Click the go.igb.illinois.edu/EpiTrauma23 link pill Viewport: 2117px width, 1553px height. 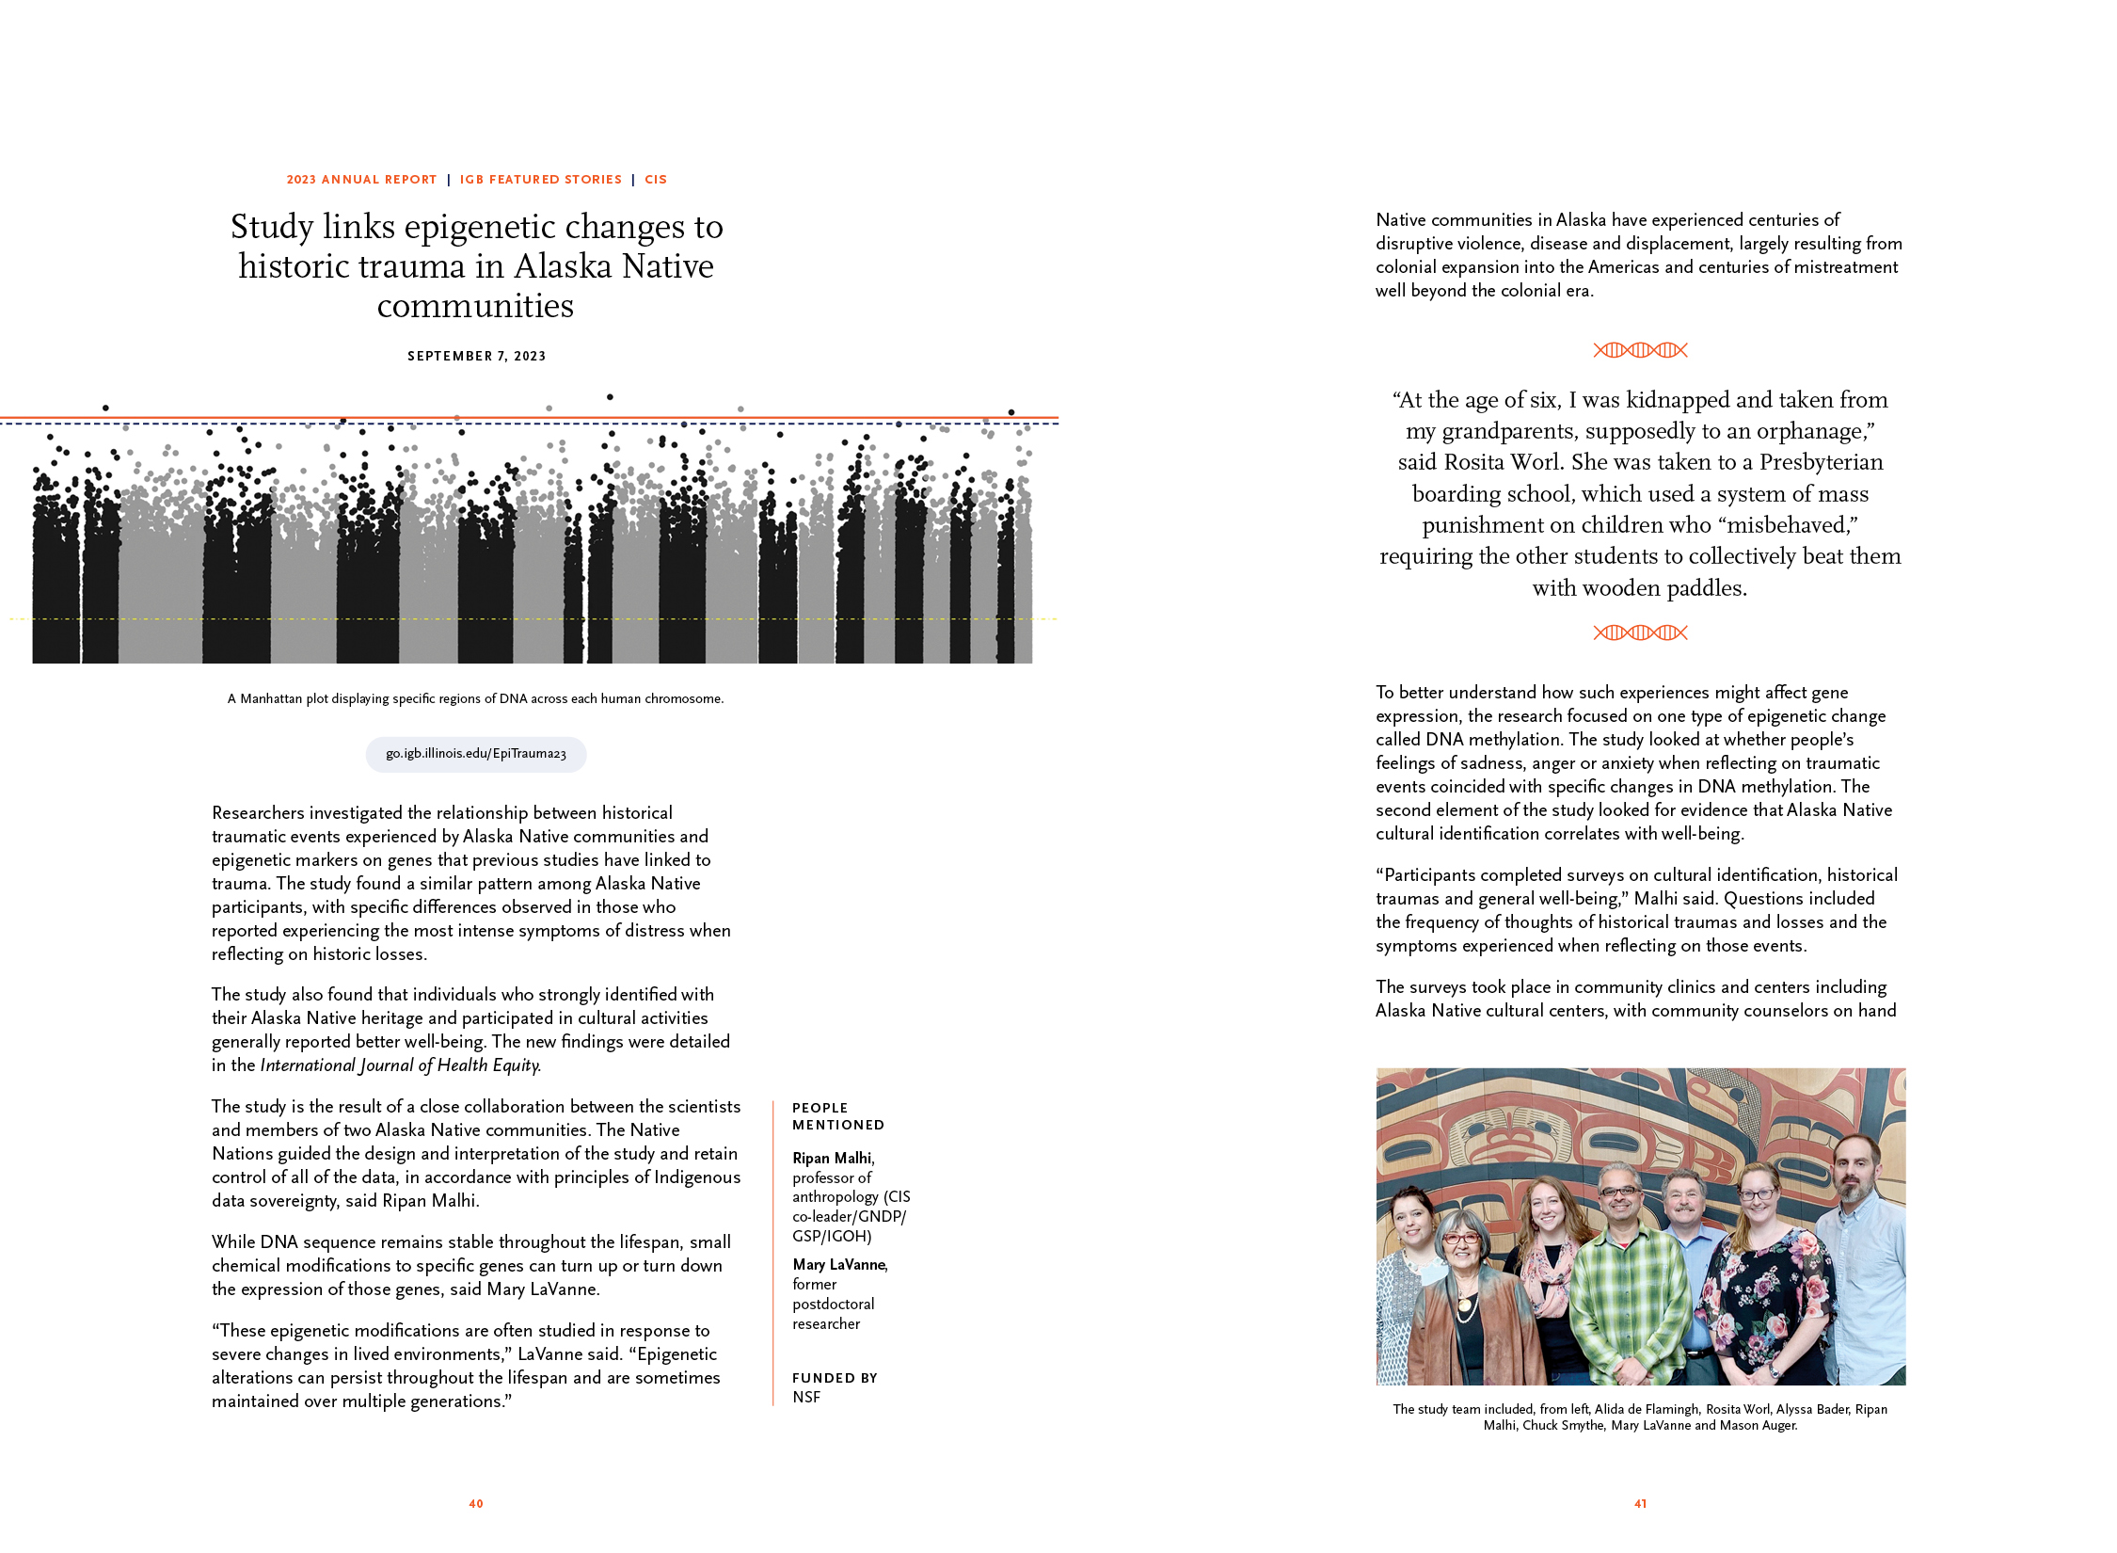(x=475, y=754)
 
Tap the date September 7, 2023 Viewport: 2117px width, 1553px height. (x=476, y=356)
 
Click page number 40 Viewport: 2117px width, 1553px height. (x=476, y=1504)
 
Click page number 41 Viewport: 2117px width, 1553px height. (x=1640, y=1504)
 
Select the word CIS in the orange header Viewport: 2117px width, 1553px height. (x=656, y=180)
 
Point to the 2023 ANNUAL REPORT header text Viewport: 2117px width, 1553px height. (x=361, y=180)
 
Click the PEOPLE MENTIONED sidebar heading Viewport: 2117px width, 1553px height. (x=837, y=1116)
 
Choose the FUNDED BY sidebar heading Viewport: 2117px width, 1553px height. (x=835, y=1378)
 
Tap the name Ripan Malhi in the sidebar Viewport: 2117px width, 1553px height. (x=832, y=1159)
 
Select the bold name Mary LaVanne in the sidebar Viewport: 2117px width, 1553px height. (x=838, y=1265)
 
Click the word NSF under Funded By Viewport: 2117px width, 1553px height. (x=806, y=1398)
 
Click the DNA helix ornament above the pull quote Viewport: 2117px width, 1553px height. (x=1640, y=350)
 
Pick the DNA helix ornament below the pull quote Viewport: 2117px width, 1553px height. (x=1640, y=632)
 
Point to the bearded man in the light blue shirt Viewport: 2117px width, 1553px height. (x=1858, y=1271)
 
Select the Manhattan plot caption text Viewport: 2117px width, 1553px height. (x=475, y=698)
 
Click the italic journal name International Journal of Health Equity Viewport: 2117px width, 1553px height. (x=400, y=1065)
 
